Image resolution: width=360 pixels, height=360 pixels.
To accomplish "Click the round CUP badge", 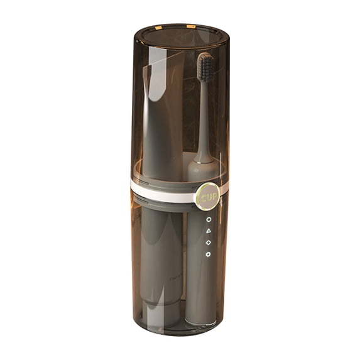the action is click(x=208, y=197).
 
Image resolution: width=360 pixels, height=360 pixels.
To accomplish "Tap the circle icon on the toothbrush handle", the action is click(x=209, y=219).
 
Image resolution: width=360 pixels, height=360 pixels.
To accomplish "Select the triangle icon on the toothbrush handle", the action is click(x=209, y=231).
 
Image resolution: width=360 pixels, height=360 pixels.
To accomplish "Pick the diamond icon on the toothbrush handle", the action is click(x=209, y=243).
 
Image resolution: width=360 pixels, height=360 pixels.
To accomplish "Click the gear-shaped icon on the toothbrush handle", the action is click(x=208, y=254).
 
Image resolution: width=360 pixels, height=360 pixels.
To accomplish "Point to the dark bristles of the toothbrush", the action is click(x=207, y=68).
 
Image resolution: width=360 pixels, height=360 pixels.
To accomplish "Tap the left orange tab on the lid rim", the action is click(x=158, y=28).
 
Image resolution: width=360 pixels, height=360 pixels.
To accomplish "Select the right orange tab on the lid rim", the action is click(x=191, y=26).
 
